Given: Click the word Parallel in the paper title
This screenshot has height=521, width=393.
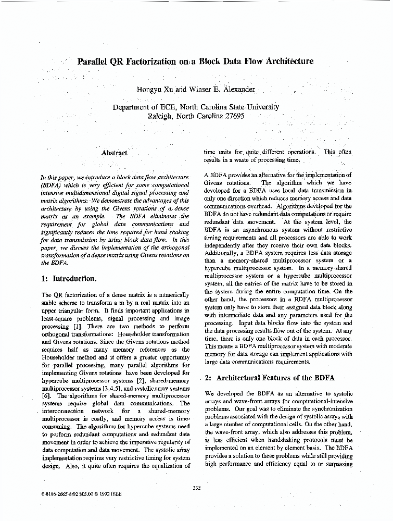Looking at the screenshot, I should (x=93, y=61).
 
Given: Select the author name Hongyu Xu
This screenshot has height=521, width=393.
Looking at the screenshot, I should (x=154, y=89).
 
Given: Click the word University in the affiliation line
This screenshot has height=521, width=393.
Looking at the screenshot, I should (x=263, y=107).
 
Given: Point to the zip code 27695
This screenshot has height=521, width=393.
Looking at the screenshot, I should (x=231, y=116).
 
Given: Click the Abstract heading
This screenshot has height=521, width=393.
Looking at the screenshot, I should (x=114, y=153).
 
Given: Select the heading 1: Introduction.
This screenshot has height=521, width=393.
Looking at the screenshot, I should (x=68, y=279).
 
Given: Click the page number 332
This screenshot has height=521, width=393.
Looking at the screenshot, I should (x=196, y=488).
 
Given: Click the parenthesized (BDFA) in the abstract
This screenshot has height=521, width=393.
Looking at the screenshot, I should (x=50, y=185).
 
